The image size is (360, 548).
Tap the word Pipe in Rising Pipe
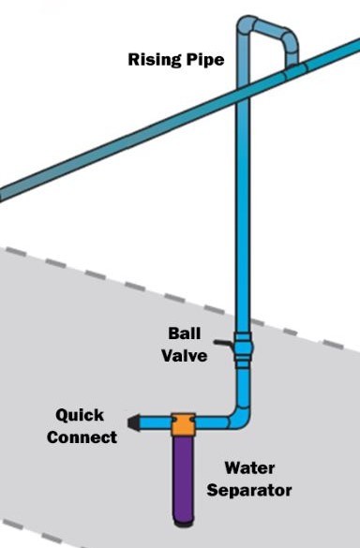[x=202, y=60]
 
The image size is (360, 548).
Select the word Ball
[x=184, y=333]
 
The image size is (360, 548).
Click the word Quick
[x=80, y=415]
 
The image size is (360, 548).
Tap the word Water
[x=249, y=467]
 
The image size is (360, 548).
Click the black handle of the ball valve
[x=222, y=345]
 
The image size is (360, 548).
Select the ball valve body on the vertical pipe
[x=244, y=347]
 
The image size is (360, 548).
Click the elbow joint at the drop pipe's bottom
[x=244, y=415]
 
